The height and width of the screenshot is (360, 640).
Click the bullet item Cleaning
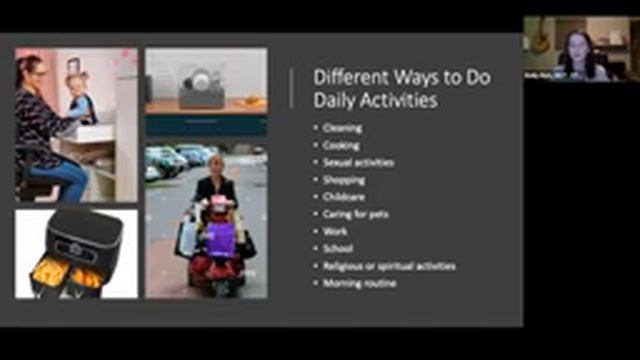tap(343, 128)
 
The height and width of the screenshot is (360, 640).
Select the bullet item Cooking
tap(342, 145)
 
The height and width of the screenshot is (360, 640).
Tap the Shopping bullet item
tap(344, 180)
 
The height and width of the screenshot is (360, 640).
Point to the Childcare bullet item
tap(344, 197)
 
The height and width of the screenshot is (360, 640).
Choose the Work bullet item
tap(335, 231)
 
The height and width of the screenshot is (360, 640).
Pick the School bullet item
tap(338, 248)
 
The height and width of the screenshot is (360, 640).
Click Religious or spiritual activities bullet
tap(388, 266)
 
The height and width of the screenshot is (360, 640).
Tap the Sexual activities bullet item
tap(358, 162)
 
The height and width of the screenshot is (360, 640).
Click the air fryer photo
tap(76, 254)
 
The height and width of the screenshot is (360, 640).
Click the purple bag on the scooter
tap(218, 237)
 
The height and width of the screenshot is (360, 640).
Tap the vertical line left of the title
tap(292, 88)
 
